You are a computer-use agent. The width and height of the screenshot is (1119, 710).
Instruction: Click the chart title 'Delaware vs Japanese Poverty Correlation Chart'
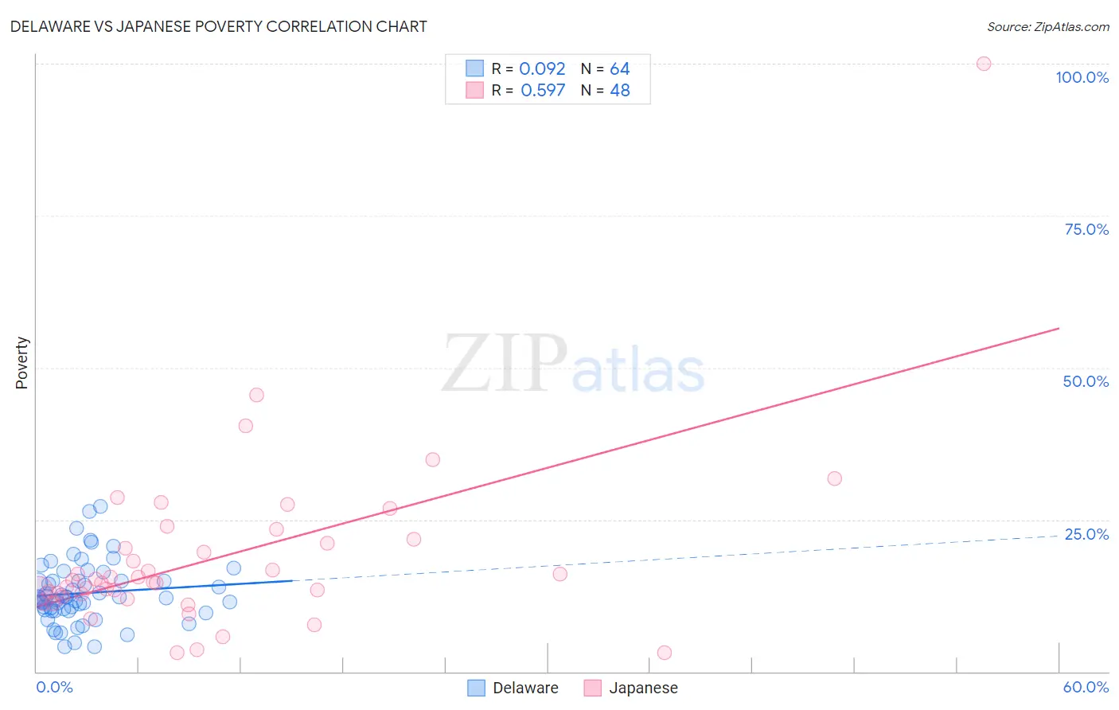point(218,26)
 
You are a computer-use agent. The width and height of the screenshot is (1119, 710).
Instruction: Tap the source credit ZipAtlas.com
point(1047,26)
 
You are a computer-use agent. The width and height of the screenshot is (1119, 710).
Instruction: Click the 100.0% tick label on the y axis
point(1082,77)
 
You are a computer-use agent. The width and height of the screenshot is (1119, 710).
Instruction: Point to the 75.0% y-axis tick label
point(1086,229)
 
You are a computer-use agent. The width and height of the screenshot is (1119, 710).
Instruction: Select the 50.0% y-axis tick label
point(1086,381)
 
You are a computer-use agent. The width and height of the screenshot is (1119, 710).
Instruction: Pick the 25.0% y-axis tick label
point(1086,534)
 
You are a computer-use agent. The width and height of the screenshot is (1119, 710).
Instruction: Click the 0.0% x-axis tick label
point(54,687)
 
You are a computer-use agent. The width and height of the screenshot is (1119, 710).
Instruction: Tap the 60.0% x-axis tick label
point(1086,687)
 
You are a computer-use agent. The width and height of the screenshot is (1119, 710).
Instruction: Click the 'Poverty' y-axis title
point(21,363)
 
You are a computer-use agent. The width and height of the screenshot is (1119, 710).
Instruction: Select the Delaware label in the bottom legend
point(525,688)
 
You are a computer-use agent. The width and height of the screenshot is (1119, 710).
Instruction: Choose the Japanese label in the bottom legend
point(643,688)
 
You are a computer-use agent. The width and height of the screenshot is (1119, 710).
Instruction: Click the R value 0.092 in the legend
point(542,69)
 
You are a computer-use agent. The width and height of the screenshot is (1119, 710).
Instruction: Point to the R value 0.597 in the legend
point(543,91)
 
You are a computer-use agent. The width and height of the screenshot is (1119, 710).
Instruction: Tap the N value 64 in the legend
point(619,69)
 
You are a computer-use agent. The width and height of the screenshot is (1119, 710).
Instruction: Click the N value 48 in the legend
point(619,91)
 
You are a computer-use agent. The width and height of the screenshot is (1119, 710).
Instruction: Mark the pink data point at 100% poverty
point(984,64)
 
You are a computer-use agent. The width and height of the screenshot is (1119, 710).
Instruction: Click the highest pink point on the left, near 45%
point(256,395)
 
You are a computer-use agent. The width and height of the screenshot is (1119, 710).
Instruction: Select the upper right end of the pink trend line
point(1059,328)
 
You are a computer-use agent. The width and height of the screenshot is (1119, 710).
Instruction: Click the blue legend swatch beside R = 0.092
point(474,68)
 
